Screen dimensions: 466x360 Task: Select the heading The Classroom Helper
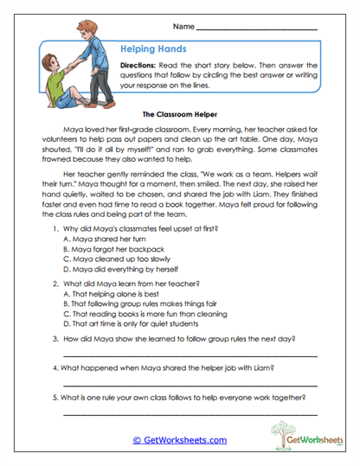(x=178, y=113)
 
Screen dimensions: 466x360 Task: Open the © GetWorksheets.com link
(x=179, y=439)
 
